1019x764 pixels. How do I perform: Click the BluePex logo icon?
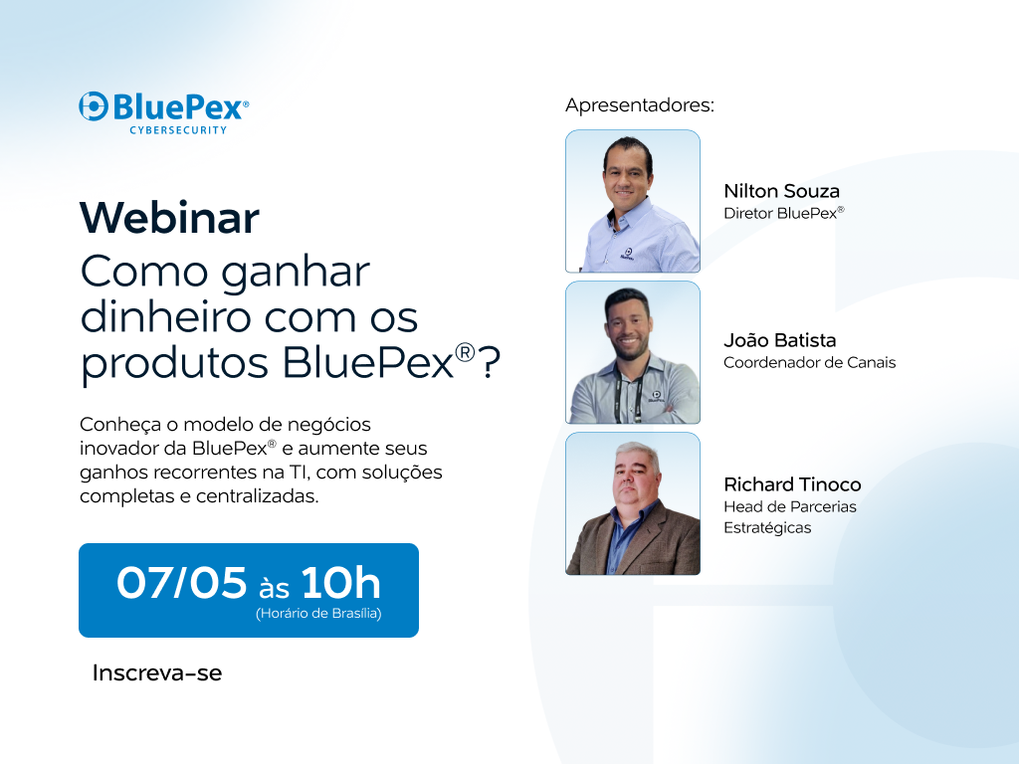click(x=94, y=106)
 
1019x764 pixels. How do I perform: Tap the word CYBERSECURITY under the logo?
click(x=178, y=130)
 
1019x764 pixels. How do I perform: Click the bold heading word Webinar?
click(x=169, y=218)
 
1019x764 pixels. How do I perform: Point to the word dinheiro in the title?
click(x=158, y=317)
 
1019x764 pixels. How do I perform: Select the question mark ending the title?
click(x=491, y=365)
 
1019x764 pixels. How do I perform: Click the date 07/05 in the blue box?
click(x=181, y=583)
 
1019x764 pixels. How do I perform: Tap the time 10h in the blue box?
click(x=340, y=583)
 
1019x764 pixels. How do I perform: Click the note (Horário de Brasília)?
click(x=318, y=614)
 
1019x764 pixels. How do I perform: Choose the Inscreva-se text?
click(x=157, y=673)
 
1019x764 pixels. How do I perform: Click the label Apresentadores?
click(x=640, y=105)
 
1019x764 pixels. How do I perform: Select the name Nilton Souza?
click(x=781, y=191)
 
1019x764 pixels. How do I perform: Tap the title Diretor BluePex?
click(x=783, y=212)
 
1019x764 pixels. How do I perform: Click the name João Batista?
click(x=779, y=340)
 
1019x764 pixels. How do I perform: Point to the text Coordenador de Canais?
click(x=809, y=362)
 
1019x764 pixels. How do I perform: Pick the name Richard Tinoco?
click(x=792, y=484)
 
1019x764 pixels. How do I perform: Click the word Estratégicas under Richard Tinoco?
click(x=767, y=527)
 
